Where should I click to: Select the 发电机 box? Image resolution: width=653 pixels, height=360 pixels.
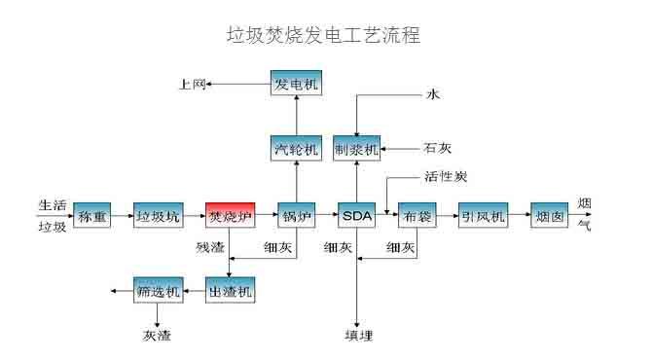pyautogui.click(x=295, y=84)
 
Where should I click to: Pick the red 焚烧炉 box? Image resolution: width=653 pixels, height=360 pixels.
pyautogui.click(x=231, y=216)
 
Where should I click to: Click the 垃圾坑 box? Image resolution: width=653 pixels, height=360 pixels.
pyautogui.click(x=158, y=216)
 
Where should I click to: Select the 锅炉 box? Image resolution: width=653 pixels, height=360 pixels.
pyautogui.click(x=295, y=216)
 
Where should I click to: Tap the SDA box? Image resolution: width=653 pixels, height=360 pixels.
pyautogui.click(x=357, y=216)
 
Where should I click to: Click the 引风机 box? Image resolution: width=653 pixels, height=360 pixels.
pyautogui.click(x=484, y=216)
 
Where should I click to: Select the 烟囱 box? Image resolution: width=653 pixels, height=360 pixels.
pyautogui.click(x=550, y=216)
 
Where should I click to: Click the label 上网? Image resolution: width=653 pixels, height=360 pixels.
pyautogui.click(x=192, y=85)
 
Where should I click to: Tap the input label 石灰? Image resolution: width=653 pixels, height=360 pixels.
pyautogui.click(x=437, y=149)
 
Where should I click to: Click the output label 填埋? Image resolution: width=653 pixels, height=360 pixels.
pyautogui.click(x=357, y=337)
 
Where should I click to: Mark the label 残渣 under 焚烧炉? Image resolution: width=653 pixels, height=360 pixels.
pyautogui.click(x=209, y=249)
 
